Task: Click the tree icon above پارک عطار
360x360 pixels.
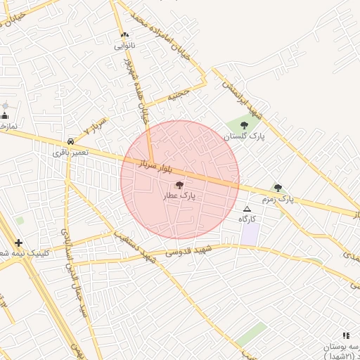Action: (x=179, y=186)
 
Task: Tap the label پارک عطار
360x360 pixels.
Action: (x=179, y=198)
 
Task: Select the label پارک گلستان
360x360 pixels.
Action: (x=245, y=136)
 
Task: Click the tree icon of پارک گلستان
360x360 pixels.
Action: (x=244, y=125)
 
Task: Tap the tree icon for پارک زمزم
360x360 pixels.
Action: (x=278, y=188)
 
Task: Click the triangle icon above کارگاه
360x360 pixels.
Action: (x=247, y=209)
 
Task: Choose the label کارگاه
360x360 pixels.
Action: (x=247, y=219)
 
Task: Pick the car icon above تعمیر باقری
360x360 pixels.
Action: (x=70, y=141)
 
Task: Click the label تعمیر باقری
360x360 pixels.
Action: (x=70, y=152)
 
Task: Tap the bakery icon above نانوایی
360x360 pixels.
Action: (x=125, y=34)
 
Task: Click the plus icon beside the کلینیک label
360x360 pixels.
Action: (x=18, y=243)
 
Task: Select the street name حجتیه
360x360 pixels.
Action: (x=178, y=94)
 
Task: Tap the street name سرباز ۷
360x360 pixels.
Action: (x=96, y=127)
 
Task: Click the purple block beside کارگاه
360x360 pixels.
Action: (x=250, y=234)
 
